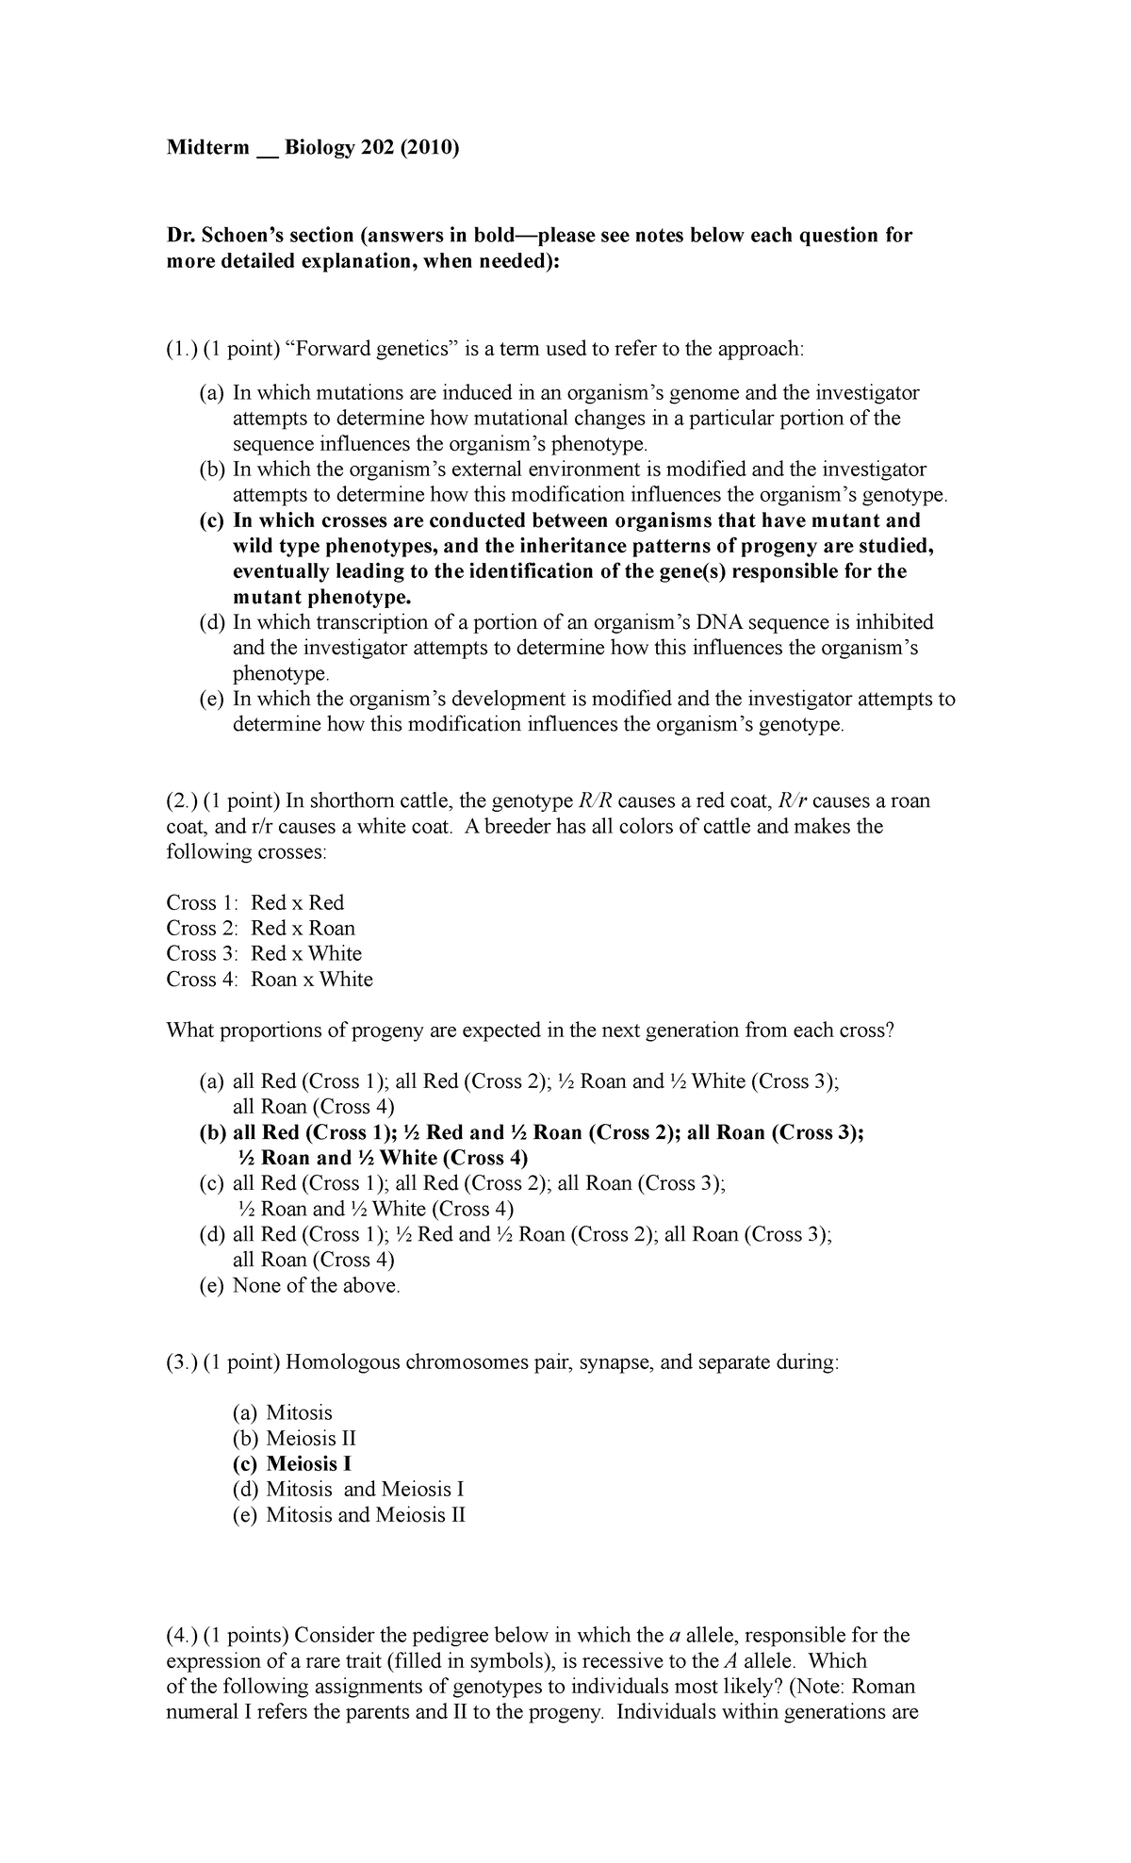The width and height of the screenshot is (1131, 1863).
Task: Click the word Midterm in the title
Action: [207, 148]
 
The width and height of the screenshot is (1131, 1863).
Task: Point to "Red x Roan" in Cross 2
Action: [303, 928]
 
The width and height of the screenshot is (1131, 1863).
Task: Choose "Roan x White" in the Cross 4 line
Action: [312, 979]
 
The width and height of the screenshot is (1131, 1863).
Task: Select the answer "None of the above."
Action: [317, 1285]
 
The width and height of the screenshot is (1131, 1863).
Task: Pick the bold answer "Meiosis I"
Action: [310, 1464]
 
